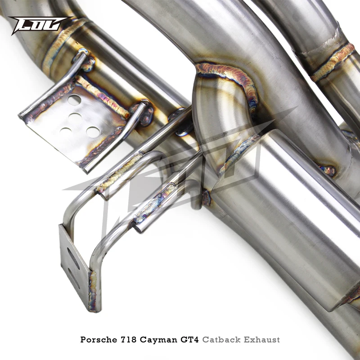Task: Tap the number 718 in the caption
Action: pyautogui.click(x=127, y=339)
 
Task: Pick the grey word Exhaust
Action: pyautogui.click(x=262, y=339)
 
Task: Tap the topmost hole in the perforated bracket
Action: pyautogui.click(x=74, y=100)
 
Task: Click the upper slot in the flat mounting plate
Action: pyautogui.click(x=73, y=258)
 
